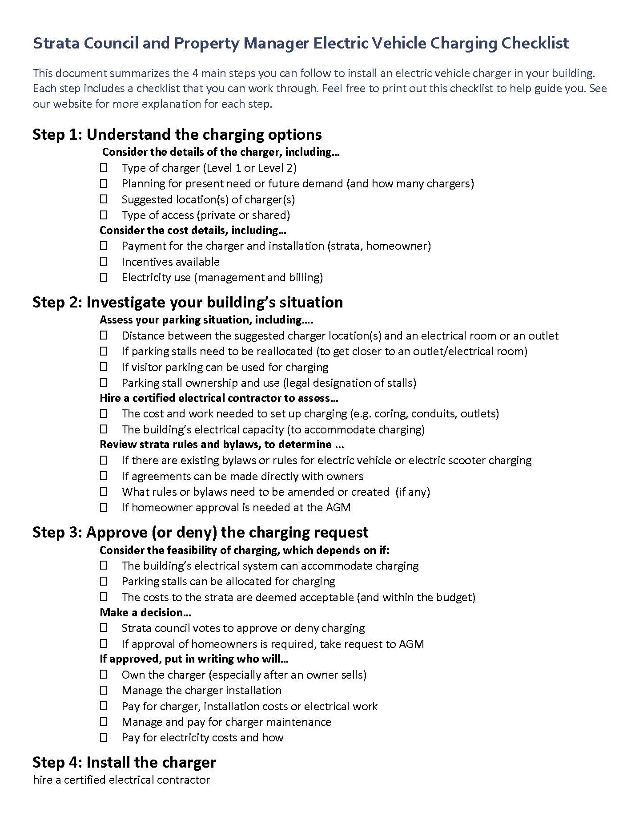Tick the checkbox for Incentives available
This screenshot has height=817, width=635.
click(x=104, y=262)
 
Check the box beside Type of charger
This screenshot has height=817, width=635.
click(x=104, y=168)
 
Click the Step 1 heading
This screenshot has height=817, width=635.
click(x=177, y=134)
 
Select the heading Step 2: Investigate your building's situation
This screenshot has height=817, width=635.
click(x=188, y=302)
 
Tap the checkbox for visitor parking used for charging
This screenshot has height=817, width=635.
click(x=104, y=367)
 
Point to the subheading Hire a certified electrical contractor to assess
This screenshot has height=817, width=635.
click(x=218, y=398)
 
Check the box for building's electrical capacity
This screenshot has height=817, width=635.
click(x=104, y=429)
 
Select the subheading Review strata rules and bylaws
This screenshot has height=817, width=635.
click(x=221, y=445)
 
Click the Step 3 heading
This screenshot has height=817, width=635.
click(x=200, y=532)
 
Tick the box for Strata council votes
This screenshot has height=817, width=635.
click(x=104, y=628)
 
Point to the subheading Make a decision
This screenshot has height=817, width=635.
click(x=145, y=613)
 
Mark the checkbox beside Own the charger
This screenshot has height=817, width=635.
click(x=104, y=675)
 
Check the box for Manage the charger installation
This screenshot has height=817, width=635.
click(x=104, y=690)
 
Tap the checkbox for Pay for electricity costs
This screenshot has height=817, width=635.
click(x=104, y=737)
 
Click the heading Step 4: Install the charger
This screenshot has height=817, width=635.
click(x=124, y=762)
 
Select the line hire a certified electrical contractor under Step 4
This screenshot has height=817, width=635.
click(x=121, y=780)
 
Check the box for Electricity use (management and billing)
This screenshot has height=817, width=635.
click(x=104, y=277)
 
